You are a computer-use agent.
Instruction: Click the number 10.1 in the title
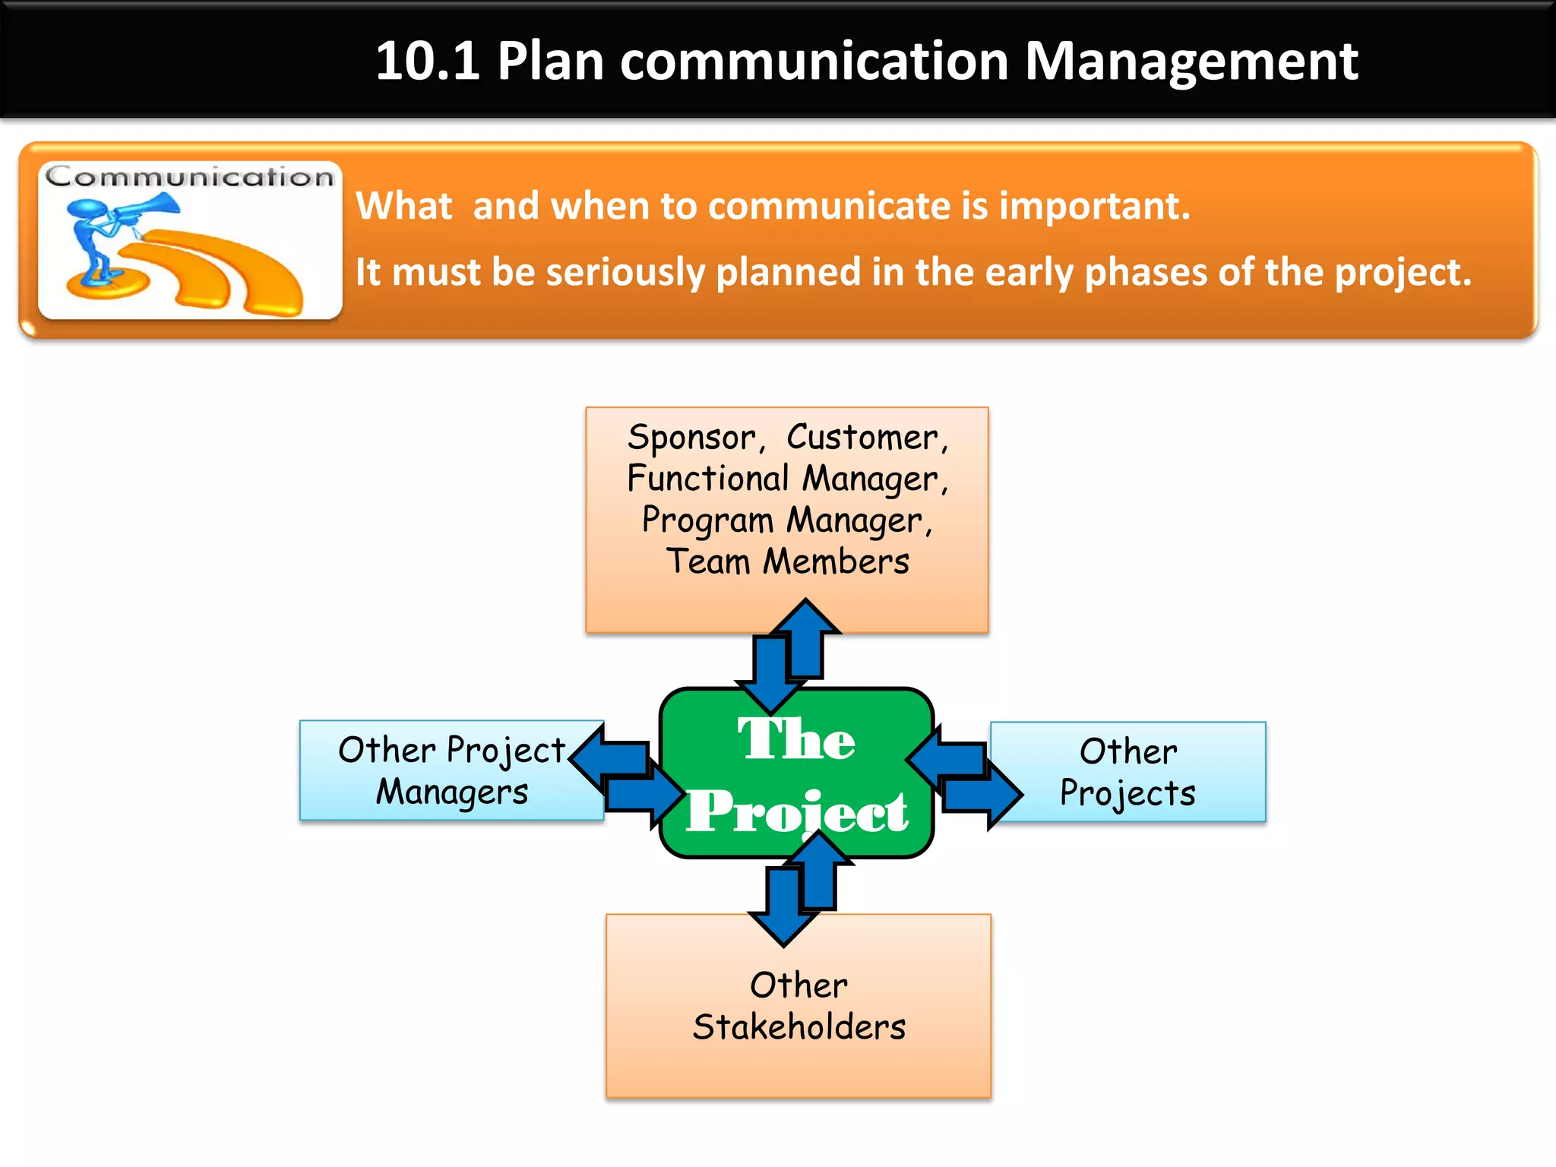pos(427,61)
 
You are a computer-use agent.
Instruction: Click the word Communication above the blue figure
pos(189,177)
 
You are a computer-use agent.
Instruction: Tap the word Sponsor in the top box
pos(692,438)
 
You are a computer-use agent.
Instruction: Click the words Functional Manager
pos(787,479)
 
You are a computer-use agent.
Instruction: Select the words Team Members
pos(787,562)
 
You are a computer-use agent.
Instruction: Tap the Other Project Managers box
pos(451,770)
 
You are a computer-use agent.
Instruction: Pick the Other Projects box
pos(1127,772)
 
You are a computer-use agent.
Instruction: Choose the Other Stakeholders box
pos(798,1006)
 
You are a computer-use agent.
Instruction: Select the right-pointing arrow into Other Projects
pos(988,795)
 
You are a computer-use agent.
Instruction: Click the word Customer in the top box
pos(867,438)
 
